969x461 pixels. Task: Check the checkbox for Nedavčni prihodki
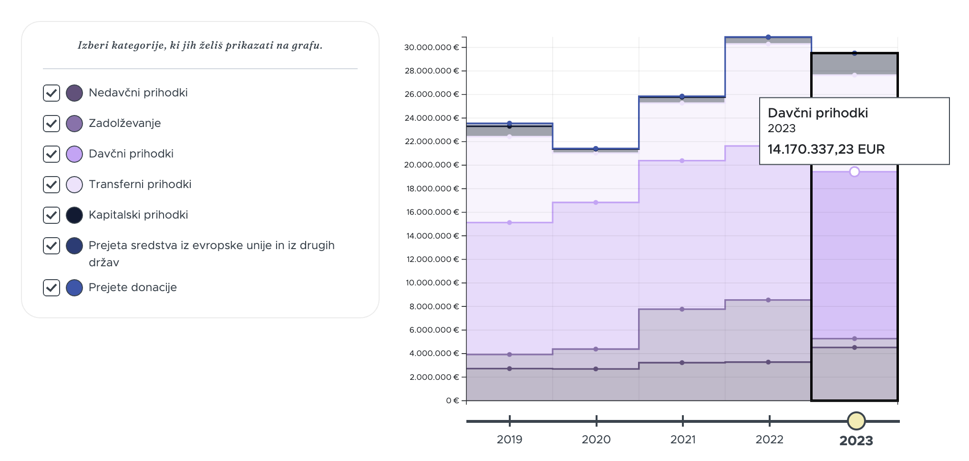point(52,93)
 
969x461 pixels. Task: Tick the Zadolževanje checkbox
point(52,124)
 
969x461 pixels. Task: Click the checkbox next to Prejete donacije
point(52,288)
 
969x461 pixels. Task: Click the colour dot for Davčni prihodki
point(74,154)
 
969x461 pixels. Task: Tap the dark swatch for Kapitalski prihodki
point(74,215)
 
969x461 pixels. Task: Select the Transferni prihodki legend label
point(140,184)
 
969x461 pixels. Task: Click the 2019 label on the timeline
point(509,440)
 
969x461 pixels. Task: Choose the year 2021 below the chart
point(683,440)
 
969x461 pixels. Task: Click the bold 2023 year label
point(856,440)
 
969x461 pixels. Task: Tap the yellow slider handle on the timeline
point(856,421)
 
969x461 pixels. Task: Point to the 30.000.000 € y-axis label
point(432,47)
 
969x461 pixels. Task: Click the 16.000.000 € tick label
point(433,212)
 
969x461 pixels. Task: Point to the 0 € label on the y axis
point(453,400)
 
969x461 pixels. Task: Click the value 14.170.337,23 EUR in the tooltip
point(826,149)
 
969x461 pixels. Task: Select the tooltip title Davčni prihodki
point(818,113)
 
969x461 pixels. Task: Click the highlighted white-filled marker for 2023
point(855,171)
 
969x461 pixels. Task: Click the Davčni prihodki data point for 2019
point(509,222)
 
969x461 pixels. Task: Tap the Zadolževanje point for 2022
point(768,300)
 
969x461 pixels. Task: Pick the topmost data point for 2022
point(768,37)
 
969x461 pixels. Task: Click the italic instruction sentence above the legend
point(200,45)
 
